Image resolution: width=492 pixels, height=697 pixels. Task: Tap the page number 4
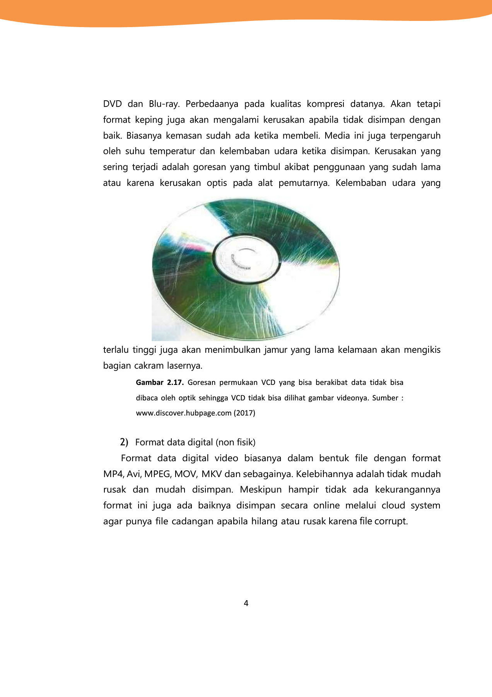tap(246, 603)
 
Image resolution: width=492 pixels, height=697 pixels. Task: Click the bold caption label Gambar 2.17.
tap(159, 383)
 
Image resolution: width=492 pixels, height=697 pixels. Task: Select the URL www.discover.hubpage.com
tap(183, 413)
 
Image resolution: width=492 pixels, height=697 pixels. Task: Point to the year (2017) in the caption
tap(244, 413)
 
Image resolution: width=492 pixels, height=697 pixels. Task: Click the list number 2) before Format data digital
tap(124, 442)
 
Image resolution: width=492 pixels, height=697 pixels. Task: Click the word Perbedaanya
tap(212, 104)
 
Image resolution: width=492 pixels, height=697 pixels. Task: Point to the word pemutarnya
tap(304, 183)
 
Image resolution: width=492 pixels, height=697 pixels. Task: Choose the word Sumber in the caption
tap(385, 398)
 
